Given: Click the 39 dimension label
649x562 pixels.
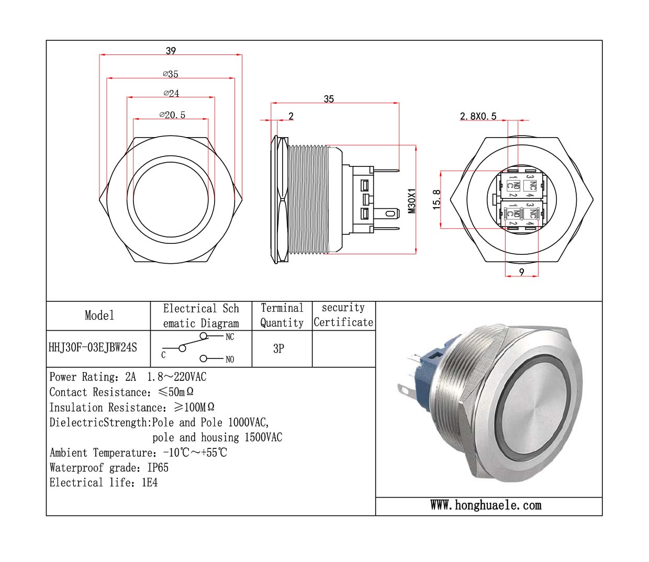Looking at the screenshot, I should [x=171, y=51].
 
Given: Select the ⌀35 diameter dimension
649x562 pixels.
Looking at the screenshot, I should [x=171, y=74].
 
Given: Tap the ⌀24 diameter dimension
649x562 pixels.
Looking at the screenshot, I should [x=171, y=94].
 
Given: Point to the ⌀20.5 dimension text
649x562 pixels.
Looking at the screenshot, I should [x=172, y=115].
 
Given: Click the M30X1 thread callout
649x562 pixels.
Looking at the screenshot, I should [x=412, y=201].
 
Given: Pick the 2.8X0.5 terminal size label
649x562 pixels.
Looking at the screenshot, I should [x=478, y=116].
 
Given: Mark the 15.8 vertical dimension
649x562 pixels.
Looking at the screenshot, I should [x=437, y=199].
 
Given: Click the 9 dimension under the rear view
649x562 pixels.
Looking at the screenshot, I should [x=521, y=272].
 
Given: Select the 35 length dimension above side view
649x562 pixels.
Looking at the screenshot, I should [x=329, y=99].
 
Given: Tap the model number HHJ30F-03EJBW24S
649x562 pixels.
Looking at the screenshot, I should [x=93, y=348].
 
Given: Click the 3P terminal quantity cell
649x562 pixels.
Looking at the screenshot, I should [x=278, y=349].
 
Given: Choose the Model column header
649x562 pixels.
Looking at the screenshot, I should [x=99, y=315].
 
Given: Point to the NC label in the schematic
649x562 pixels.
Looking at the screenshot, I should [x=230, y=337].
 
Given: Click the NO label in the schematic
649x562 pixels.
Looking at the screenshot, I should [x=230, y=359].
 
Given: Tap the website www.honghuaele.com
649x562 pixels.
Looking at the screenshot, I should [x=486, y=505].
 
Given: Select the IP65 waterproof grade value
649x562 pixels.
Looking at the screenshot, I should [x=158, y=468].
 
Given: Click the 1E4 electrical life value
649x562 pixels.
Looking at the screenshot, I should [x=150, y=482].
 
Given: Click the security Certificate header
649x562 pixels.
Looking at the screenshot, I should [x=343, y=315].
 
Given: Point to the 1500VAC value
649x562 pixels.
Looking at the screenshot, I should [x=263, y=437].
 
